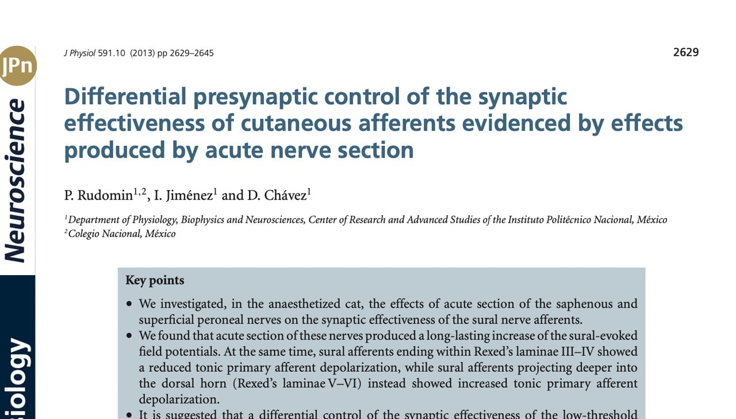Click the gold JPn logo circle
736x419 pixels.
17,66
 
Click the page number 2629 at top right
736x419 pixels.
685,52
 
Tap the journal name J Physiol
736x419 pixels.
79,53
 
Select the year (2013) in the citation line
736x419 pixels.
142,53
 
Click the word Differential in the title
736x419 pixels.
125,97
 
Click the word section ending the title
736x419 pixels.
375,150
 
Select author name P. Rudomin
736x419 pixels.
98,196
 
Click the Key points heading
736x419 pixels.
155,280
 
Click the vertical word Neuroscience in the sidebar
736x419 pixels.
16,181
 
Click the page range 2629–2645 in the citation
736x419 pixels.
191,53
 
